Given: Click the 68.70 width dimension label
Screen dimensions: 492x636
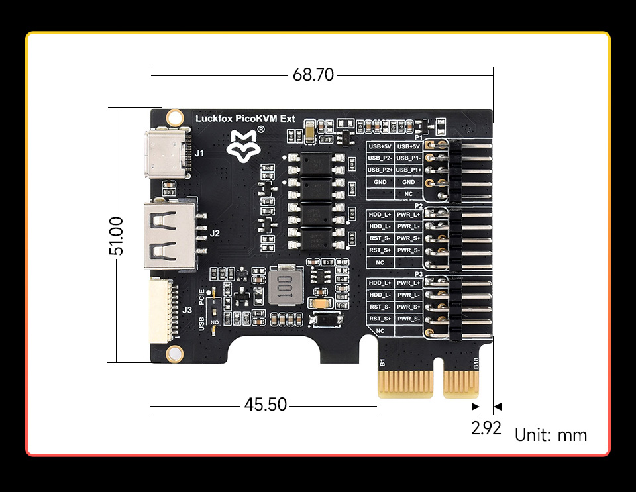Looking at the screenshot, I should click(x=313, y=75).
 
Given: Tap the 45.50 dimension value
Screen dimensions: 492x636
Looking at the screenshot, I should click(x=266, y=404).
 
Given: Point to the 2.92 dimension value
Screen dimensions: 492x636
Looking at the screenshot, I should click(x=486, y=428).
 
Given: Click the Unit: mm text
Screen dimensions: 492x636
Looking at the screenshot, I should click(x=551, y=435).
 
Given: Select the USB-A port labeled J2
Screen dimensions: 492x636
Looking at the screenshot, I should click(x=169, y=234).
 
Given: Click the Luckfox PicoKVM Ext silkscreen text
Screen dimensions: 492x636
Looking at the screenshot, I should click(x=245, y=119).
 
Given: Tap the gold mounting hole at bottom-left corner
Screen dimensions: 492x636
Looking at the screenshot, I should click(x=175, y=352).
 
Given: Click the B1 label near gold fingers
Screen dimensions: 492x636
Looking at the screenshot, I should click(x=382, y=362).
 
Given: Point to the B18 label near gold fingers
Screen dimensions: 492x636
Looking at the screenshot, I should click(x=476, y=362).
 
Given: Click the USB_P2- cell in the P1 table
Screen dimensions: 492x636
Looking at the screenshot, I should click(x=380, y=158).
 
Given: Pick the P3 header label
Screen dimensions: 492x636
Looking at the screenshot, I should click(x=418, y=274).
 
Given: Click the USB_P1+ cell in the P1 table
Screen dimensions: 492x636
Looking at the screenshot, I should click(x=409, y=170).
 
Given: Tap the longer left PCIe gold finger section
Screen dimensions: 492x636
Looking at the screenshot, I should click(x=405, y=384).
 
